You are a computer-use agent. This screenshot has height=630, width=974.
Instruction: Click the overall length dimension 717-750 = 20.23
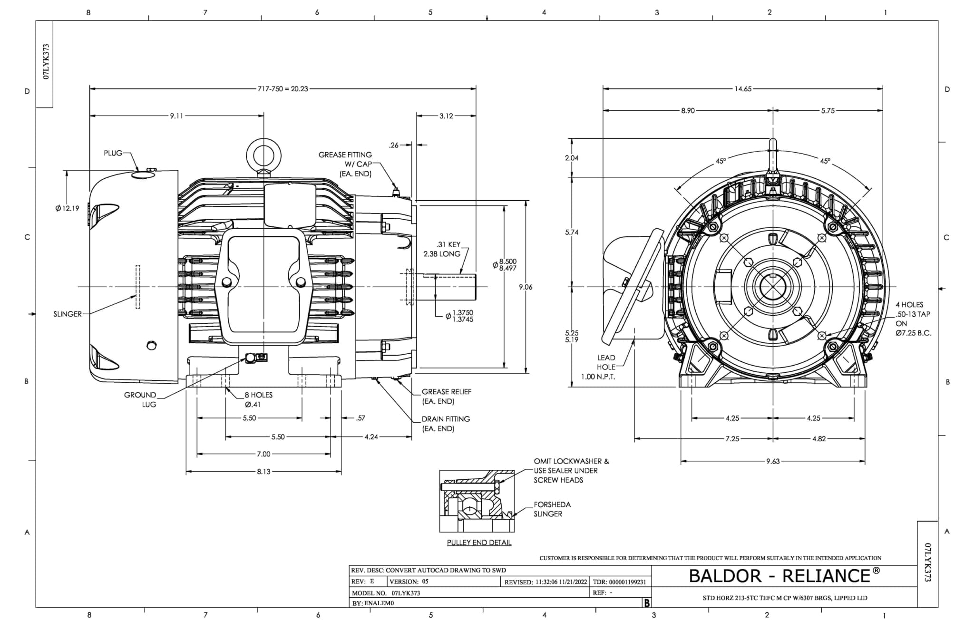tap(282, 89)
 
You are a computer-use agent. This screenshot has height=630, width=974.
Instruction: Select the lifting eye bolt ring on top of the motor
tap(263, 155)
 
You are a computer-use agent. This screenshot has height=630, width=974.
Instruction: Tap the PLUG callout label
tap(113, 153)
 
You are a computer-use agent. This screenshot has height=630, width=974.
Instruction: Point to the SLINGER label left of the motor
tap(67, 314)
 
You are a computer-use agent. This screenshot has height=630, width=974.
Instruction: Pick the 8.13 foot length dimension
tap(263, 472)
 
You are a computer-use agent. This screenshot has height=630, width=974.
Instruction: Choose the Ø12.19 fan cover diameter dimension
tap(67, 208)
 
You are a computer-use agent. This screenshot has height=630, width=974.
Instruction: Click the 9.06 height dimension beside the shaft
tap(525, 287)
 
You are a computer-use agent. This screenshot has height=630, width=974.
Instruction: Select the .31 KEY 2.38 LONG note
tap(443, 249)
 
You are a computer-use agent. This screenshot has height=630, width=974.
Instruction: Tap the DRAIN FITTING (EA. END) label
tap(446, 424)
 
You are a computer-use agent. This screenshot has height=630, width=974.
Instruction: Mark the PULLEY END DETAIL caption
tap(479, 543)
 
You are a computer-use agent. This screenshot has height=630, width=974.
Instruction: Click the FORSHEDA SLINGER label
tap(551, 509)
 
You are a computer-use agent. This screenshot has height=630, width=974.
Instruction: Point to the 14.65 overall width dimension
tap(742, 89)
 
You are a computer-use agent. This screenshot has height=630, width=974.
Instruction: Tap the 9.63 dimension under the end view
tap(772, 461)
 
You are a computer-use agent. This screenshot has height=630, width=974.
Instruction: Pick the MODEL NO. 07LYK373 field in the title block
tap(386, 593)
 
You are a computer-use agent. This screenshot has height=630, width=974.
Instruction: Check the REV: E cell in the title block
tap(363, 582)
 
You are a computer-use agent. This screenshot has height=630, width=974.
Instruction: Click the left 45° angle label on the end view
tap(721, 161)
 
